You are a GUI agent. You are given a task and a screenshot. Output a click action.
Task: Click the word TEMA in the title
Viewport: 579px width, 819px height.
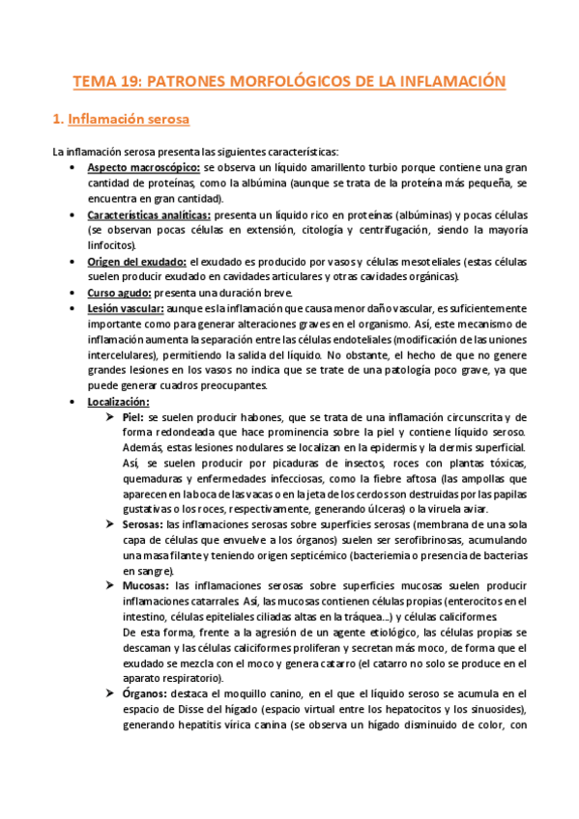[94, 82]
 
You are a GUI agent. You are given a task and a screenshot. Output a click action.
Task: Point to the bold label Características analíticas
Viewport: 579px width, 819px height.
[148, 214]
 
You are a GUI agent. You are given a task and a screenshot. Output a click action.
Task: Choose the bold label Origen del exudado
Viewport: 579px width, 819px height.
[136, 262]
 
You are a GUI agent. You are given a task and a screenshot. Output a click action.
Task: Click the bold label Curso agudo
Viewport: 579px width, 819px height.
[117, 293]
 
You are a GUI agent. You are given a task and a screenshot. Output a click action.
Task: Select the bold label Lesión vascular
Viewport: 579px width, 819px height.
[123, 309]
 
